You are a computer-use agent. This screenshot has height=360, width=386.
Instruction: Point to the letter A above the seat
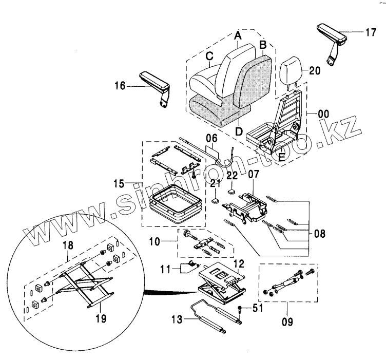tap(238, 35)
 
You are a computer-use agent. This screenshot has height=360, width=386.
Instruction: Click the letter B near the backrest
tap(262, 45)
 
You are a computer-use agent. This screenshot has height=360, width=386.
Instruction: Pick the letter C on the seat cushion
tap(210, 56)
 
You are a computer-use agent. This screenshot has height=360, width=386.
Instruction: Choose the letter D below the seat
tap(239, 131)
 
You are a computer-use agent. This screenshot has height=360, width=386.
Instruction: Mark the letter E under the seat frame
tap(281, 158)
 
